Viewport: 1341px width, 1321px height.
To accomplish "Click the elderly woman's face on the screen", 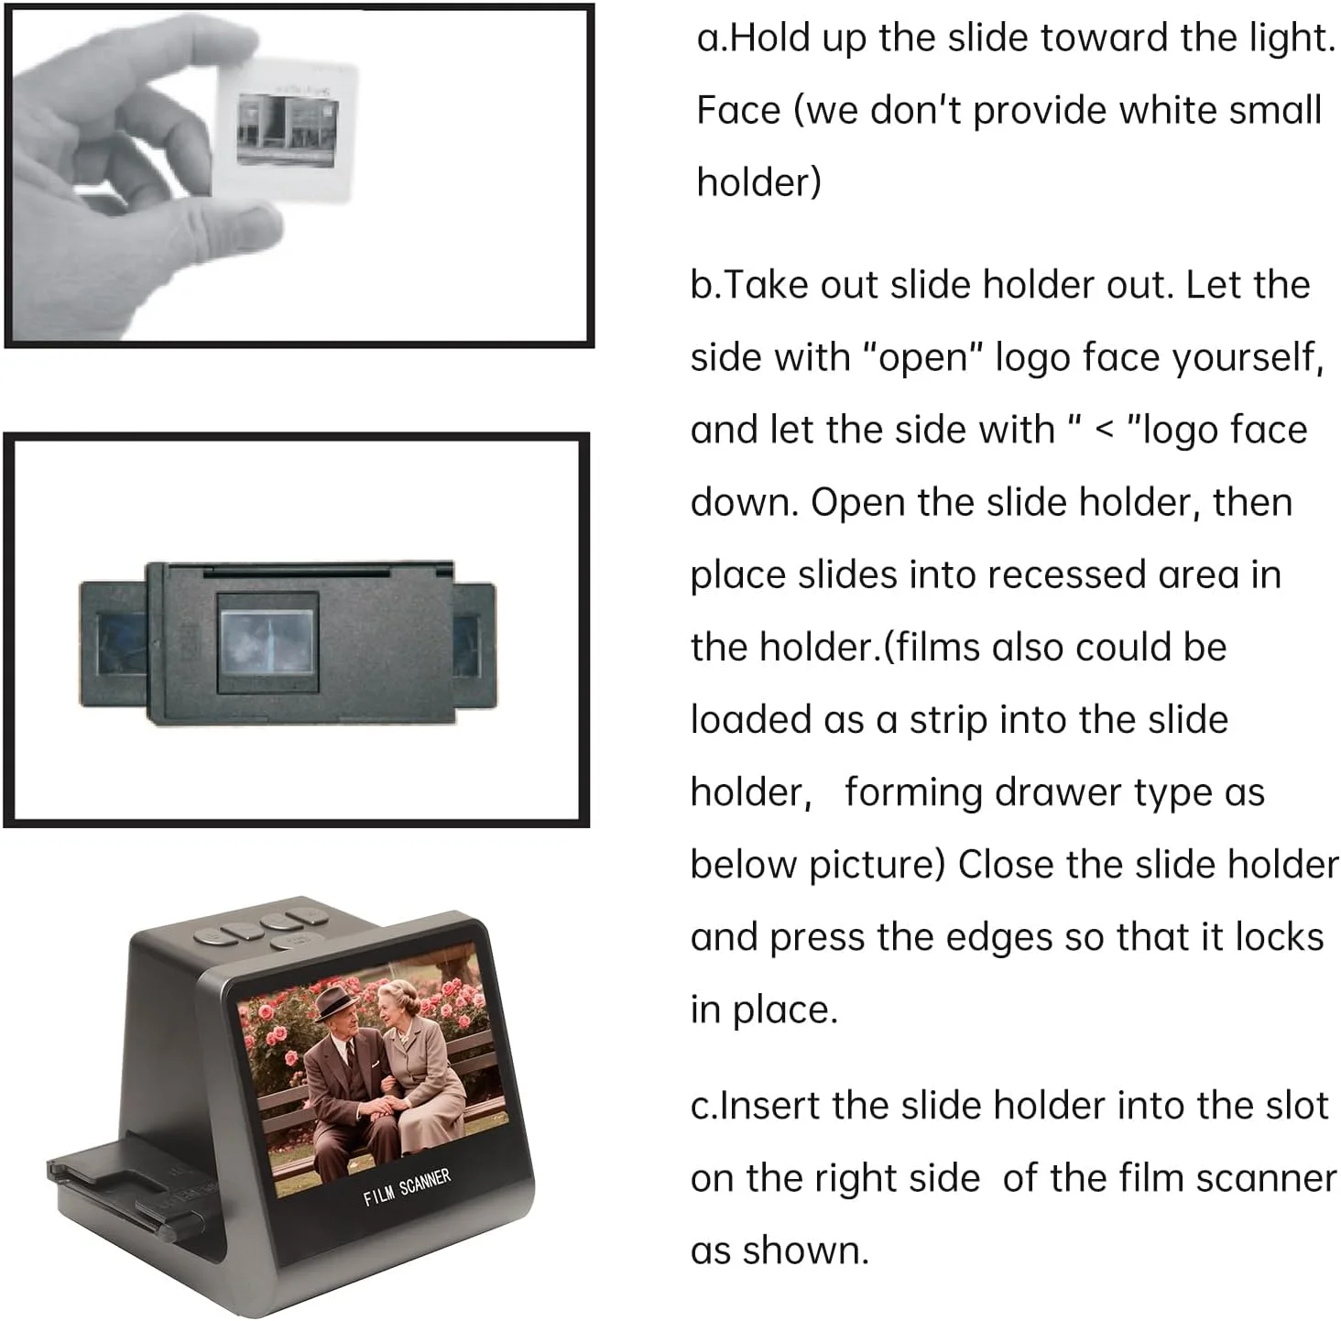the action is (392, 1013).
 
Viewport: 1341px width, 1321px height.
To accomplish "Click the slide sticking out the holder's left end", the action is (114, 645).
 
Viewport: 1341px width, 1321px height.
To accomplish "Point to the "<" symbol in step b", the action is (1105, 431).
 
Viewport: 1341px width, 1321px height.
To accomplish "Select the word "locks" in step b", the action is (1278, 937).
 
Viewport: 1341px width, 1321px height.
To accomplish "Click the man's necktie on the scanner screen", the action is (352, 1064).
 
